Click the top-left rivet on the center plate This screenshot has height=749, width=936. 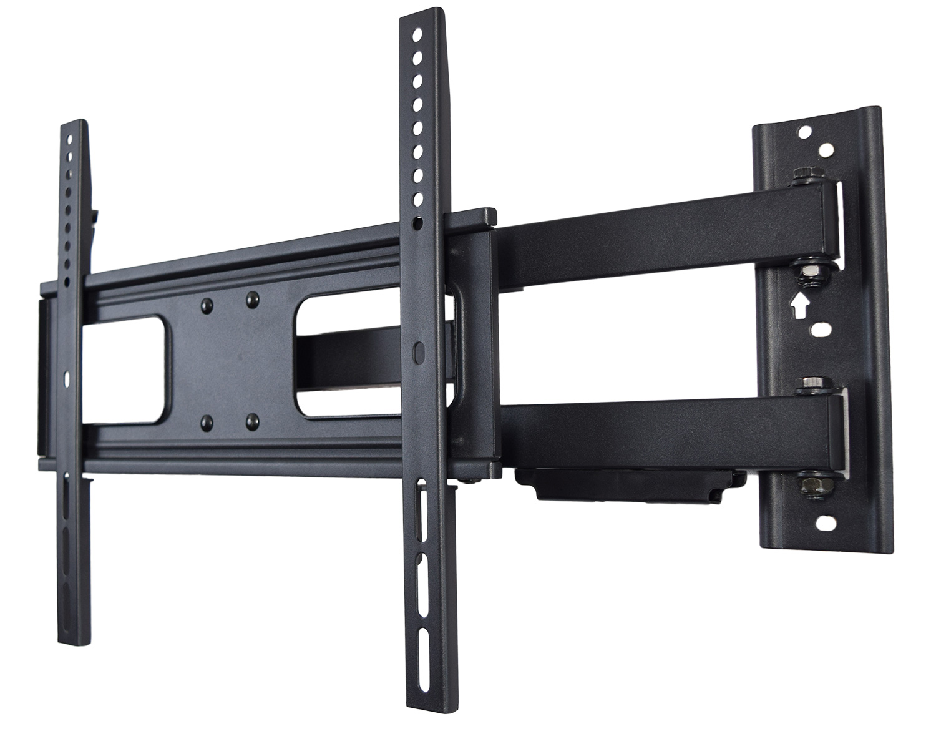206,305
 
